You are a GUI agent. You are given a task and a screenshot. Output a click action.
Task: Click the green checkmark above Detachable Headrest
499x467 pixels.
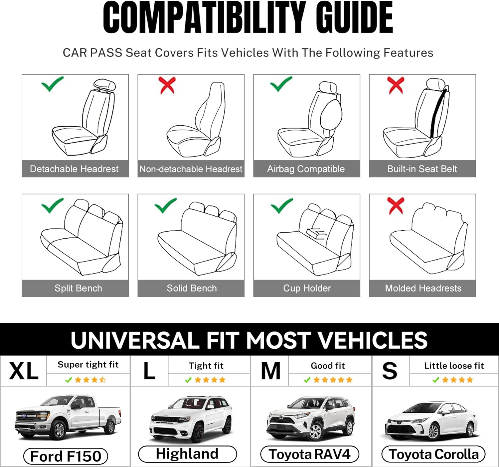click(52, 84)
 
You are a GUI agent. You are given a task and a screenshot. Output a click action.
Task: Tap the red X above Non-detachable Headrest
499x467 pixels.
click(167, 85)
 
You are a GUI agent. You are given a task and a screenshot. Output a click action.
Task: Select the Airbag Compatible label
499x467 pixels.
click(306, 169)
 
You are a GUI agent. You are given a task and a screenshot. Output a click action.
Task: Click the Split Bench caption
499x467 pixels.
click(78, 288)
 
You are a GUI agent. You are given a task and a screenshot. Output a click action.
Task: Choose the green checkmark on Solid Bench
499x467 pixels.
click(165, 205)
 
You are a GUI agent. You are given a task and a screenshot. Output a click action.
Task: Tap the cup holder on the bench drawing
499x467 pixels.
click(316, 233)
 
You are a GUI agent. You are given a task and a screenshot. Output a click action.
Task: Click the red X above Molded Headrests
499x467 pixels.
click(396, 205)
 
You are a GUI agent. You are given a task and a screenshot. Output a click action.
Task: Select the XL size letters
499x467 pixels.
click(24, 371)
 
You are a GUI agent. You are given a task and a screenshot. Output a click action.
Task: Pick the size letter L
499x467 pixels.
click(149, 371)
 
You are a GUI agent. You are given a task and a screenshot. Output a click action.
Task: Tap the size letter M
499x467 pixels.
click(270, 371)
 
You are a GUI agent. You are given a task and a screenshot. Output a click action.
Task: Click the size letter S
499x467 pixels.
click(390, 371)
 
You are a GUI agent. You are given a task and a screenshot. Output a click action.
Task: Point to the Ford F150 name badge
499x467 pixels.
click(66, 456)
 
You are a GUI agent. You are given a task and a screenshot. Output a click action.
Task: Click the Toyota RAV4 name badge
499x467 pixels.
click(309, 454)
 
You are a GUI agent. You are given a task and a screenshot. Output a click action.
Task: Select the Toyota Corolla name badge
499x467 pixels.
click(433, 454)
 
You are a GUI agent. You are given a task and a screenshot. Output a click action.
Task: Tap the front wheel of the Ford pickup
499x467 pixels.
click(59, 429)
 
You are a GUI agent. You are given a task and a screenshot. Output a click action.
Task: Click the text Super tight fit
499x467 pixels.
click(88, 365)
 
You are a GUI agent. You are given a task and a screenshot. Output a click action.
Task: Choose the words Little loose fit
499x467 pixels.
click(454, 366)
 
